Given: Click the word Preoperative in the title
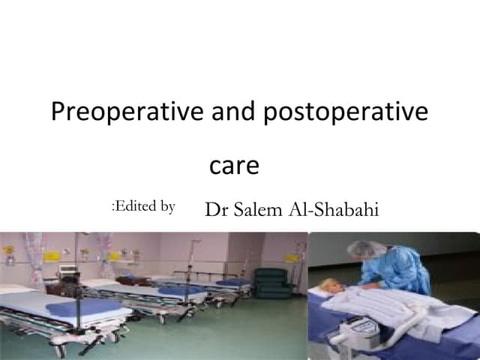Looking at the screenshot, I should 126,112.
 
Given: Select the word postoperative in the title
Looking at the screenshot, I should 346,112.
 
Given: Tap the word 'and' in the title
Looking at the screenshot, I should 233,112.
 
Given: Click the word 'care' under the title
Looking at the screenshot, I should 234,166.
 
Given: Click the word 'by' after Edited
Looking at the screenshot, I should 167,207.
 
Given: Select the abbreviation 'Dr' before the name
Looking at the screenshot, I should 216,210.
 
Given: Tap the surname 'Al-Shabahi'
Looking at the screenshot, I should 334,210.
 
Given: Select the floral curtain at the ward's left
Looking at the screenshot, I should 34,255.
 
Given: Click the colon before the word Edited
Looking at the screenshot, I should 113,207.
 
